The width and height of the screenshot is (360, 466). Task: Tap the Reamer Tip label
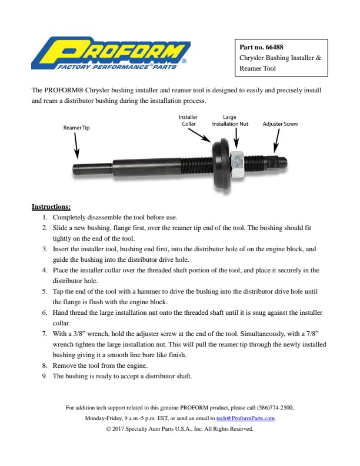coord(76,127)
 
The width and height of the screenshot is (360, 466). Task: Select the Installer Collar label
coord(188,121)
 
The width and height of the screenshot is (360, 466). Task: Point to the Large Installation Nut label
coord(230,121)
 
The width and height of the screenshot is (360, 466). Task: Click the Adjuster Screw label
coord(280,124)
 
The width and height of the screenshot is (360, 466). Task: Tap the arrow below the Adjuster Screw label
coord(275,141)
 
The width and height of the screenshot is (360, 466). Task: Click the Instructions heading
coord(51,207)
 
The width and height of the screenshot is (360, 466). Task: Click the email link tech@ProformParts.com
coord(245,418)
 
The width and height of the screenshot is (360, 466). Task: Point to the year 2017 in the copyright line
coord(119,429)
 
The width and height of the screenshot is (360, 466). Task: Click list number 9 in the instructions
coord(45,376)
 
